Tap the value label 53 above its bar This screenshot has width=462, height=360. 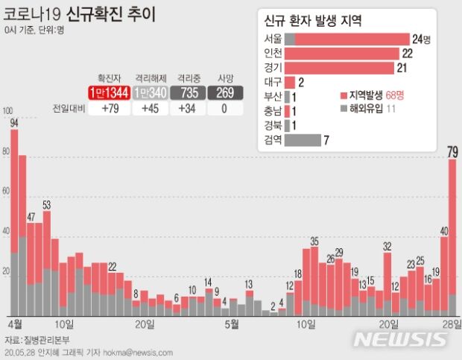46,205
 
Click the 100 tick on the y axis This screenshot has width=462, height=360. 8,113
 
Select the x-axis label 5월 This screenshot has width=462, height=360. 232,324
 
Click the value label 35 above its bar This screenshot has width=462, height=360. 314,241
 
